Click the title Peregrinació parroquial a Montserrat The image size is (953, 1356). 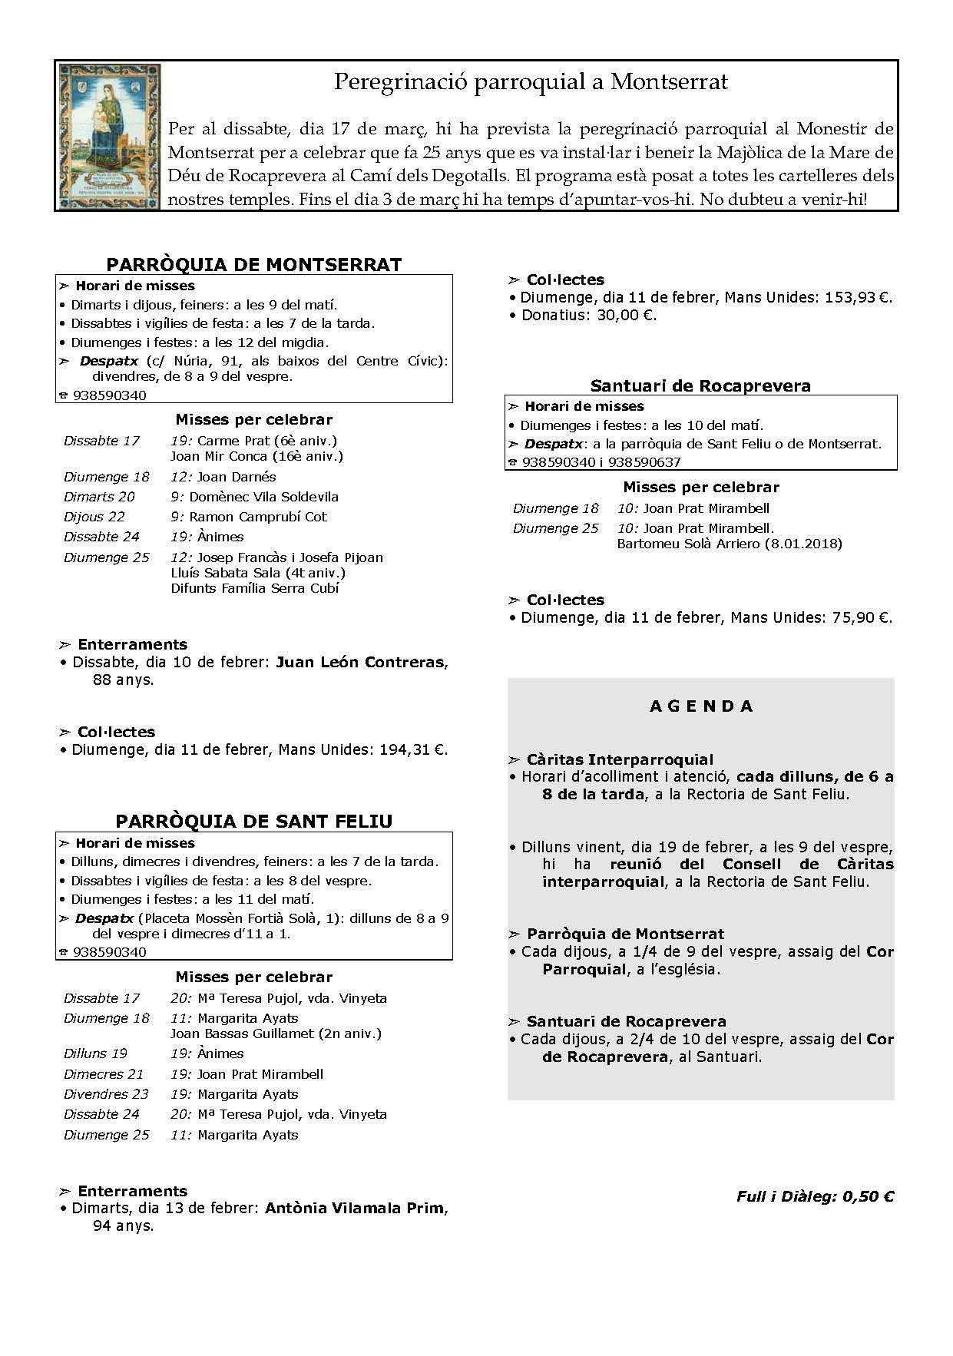click(531, 82)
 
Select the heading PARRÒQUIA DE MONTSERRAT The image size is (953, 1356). click(253, 265)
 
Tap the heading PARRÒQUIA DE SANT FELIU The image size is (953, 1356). click(253, 822)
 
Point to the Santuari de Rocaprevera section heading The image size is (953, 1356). click(700, 385)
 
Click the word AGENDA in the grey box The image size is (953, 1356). click(701, 706)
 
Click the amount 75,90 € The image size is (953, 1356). click(862, 617)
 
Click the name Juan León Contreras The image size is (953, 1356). click(359, 662)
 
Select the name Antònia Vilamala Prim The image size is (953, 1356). click(354, 1208)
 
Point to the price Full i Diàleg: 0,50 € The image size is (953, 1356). click(815, 1196)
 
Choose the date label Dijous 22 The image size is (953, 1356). click(94, 517)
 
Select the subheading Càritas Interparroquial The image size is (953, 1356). click(620, 759)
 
